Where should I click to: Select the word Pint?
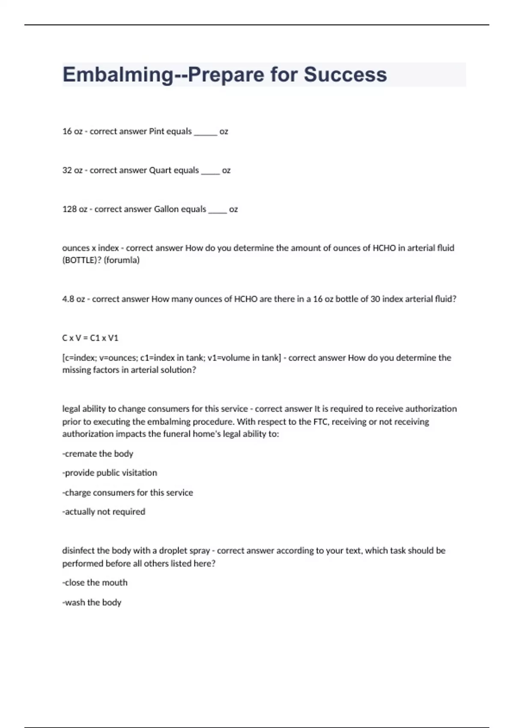click(156, 131)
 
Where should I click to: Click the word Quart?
click(160, 170)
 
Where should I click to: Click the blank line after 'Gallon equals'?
click(217, 211)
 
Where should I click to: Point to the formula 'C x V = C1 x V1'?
click(90, 338)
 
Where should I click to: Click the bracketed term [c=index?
click(80, 358)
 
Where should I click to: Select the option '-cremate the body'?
click(98, 454)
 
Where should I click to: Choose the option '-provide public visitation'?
click(110, 473)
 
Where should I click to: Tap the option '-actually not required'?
click(104, 512)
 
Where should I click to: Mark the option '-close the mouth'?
click(95, 583)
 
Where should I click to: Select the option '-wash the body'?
click(92, 603)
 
